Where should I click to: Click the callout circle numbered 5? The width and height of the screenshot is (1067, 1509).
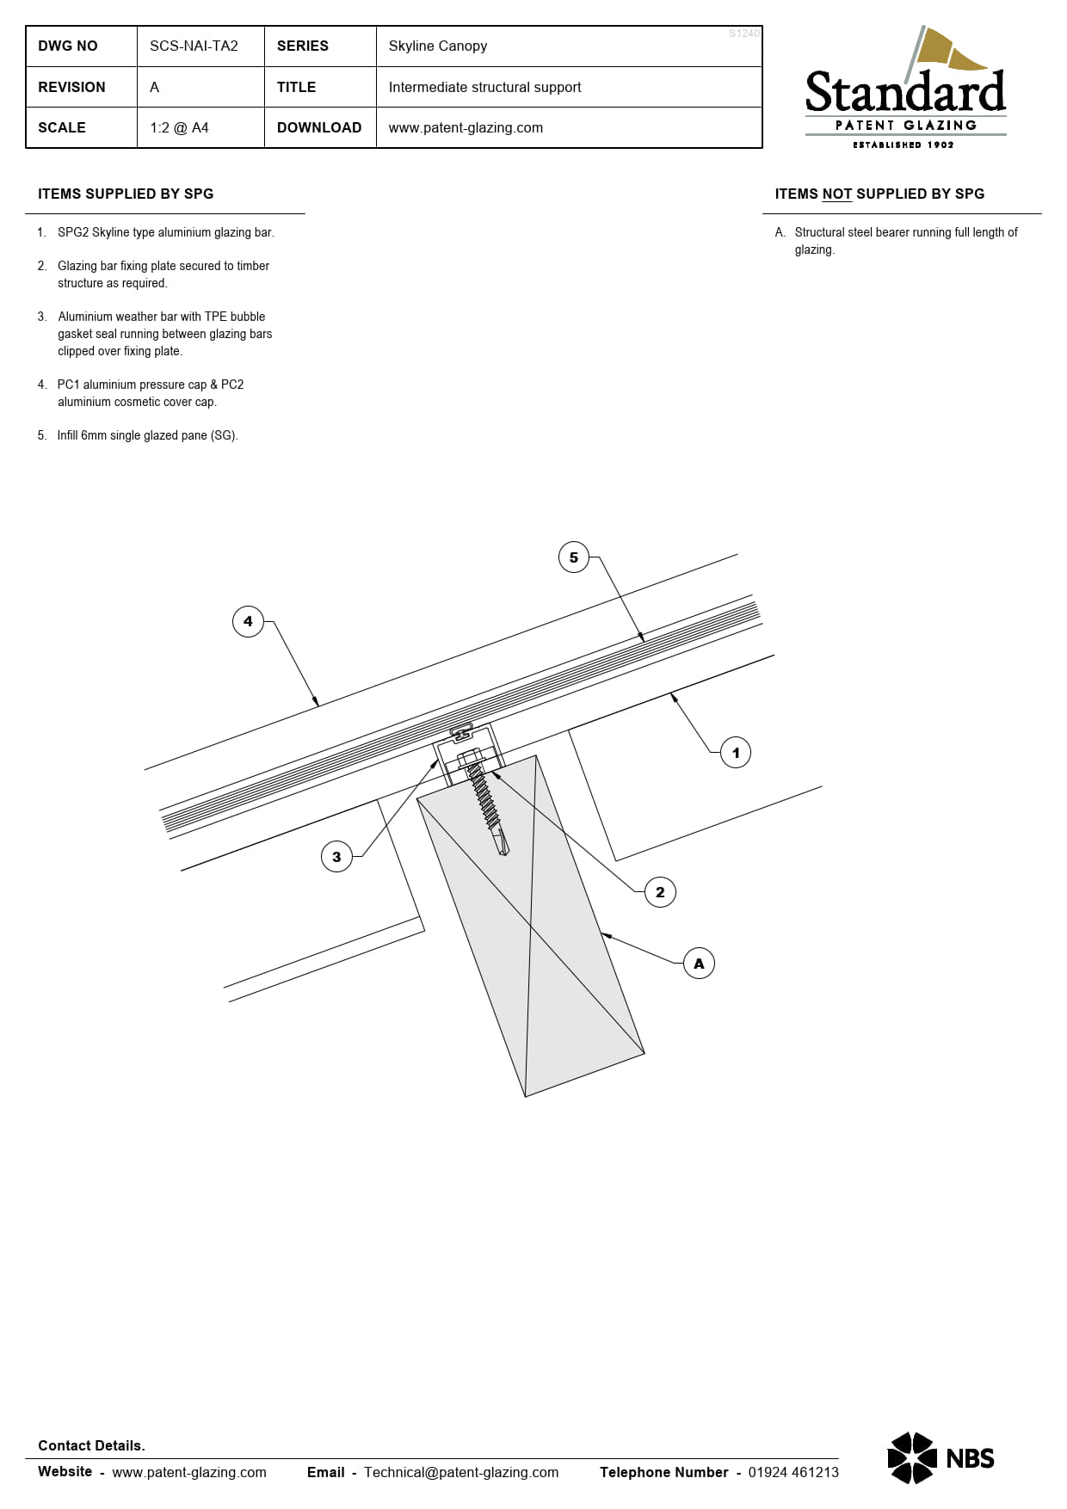click(x=574, y=557)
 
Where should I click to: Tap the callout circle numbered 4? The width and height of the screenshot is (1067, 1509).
click(x=248, y=621)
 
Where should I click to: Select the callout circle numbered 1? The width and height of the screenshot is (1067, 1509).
click(x=736, y=753)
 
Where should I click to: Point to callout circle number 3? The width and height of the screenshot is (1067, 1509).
click(x=336, y=857)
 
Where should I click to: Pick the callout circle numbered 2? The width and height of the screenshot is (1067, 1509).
click(x=660, y=892)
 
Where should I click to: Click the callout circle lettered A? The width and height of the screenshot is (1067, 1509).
click(x=699, y=964)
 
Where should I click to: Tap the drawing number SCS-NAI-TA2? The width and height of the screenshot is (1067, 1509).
click(x=194, y=46)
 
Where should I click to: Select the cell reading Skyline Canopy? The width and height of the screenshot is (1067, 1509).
click(x=438, y=46)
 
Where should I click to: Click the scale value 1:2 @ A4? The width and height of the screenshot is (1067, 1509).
click(x=179, y=128)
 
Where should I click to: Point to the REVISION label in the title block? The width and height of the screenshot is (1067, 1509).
click(x=71, y=87)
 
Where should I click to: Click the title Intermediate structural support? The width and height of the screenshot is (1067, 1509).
click(x=484, y=87)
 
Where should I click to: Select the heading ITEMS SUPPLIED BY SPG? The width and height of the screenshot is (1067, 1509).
click(x=126, y=194)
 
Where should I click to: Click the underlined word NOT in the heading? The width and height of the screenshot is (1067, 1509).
click(x=836, y=194)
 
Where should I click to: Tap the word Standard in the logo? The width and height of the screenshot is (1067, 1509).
click(x=905, y=93)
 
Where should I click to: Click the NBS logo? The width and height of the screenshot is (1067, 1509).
click(x=941, y=1457)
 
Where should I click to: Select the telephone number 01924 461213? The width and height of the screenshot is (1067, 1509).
click(x=793, y=1472)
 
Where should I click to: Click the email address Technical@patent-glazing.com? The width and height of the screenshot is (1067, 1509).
click(x=461, y=1472)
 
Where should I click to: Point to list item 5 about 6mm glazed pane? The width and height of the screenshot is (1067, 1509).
click(x=147, y=435)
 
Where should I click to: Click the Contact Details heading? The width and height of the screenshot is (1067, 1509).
click(x=91, y=1445)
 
